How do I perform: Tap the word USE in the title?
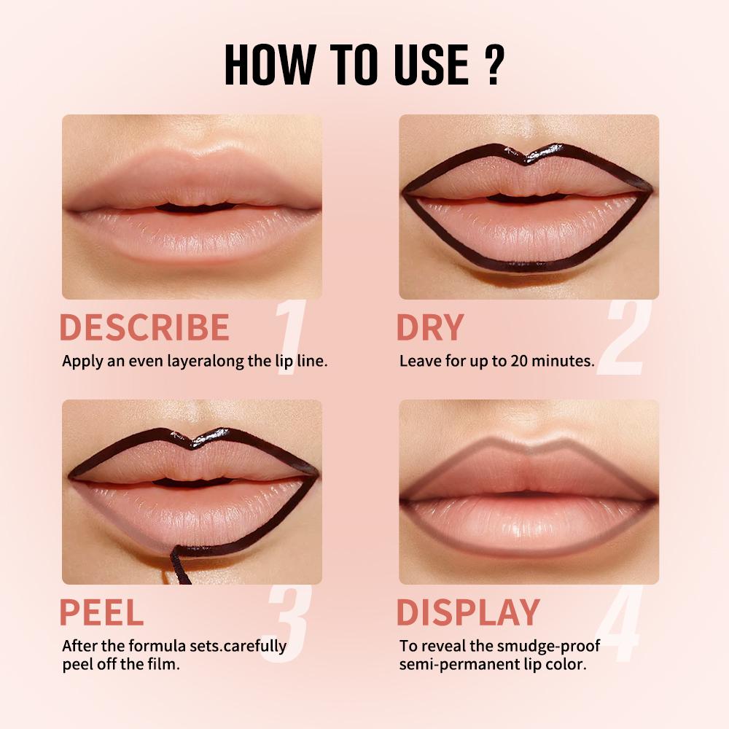pyautogui.click(x=426, y=64)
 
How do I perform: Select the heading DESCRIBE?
pyautogui.click(x=144, y=328)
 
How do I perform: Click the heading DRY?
pyautogui.click(x=429, y=328)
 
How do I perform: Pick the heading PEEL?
pyautogui.click(x=101, y=612)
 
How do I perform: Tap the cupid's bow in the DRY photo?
pyautogui.click(x=529, y=155)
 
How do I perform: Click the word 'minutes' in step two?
pyautogui.click(x=558, y=361)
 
